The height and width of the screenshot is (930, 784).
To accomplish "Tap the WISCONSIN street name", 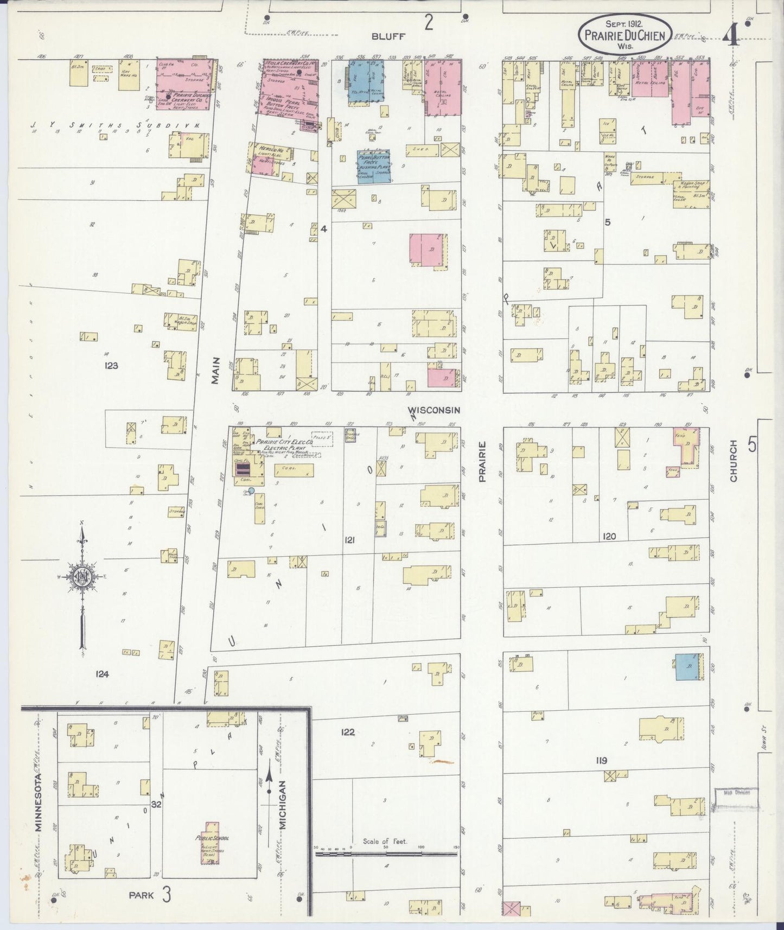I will coord(434,410).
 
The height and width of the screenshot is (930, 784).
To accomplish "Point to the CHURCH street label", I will coord(734,461).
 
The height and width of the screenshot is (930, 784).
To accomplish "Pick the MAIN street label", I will coord(215,370).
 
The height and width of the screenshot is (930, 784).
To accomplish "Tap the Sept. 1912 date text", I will coord(624,24).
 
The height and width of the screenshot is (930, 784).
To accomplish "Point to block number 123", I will coord(111,366).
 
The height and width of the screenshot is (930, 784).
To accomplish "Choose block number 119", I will coord(601,761).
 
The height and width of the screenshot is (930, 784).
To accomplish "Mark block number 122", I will coord(348,732).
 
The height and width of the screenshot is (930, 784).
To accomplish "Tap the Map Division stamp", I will coord(735,793).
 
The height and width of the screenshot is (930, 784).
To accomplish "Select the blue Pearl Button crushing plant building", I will coord(373,167).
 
